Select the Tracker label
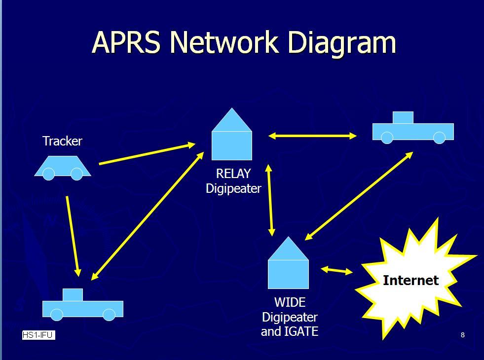62,141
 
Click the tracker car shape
63,167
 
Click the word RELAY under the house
233,174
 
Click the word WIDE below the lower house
290,302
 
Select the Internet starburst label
410,280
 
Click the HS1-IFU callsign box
38,335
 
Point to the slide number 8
463,335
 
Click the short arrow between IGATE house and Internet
336,270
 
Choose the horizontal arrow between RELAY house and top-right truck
312,136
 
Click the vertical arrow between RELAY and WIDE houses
270,200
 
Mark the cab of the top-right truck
403,117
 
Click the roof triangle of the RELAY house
232,121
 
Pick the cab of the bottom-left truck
73,294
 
